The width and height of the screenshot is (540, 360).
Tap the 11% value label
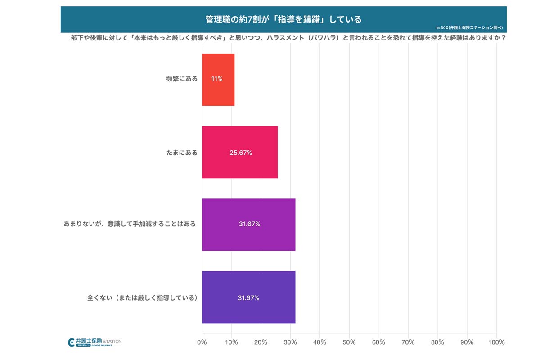[217, 79]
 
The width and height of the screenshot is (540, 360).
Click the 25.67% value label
[241, 153]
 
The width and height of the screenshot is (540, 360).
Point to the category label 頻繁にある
[182, 79]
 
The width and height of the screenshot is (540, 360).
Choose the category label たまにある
[182, 153]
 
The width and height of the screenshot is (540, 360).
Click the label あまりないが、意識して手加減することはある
[130, 224]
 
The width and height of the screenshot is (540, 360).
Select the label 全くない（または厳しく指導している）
[142, 298]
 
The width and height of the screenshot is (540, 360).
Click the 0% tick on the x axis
[202, 342]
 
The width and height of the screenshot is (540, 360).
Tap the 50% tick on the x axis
[349, 342]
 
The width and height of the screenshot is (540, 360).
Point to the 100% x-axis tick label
[496, 342]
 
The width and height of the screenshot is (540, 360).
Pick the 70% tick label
[408, 342]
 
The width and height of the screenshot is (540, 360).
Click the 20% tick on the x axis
[261, 342]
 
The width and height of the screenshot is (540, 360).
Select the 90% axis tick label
[467, 342]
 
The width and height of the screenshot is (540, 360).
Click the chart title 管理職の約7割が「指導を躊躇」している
[283, 19]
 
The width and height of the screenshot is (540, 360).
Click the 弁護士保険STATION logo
[94, 342]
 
